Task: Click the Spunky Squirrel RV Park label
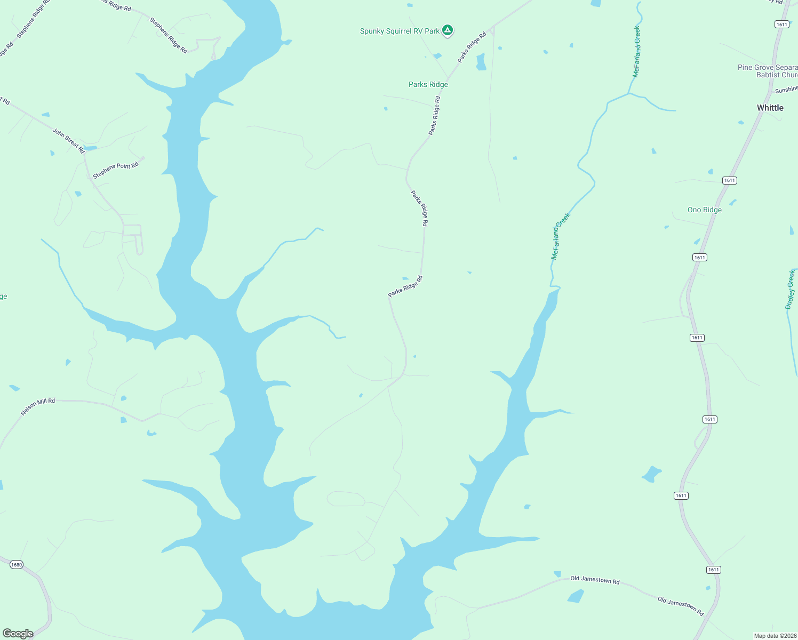400,31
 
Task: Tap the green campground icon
448,30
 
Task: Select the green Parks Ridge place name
428,84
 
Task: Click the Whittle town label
770,108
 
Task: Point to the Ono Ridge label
705,210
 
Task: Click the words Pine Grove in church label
752,68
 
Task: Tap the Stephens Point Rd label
116,170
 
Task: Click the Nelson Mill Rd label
38,407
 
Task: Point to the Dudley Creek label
791,290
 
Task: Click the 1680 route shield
17,565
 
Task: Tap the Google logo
18,634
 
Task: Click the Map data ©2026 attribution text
775,636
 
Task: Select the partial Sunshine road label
786,89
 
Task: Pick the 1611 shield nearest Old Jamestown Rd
714,570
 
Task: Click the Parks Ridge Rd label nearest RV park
472,47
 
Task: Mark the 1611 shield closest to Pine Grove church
781,25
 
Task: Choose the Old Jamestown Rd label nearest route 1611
681,606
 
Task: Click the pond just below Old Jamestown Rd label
576,596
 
